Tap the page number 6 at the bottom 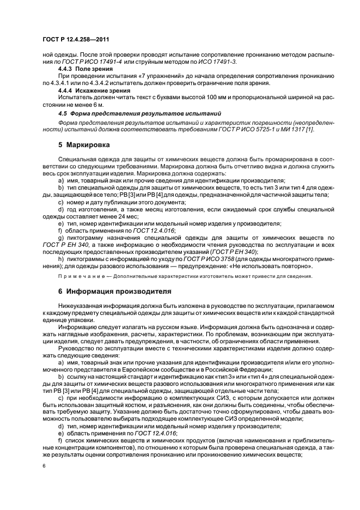pos(44,466)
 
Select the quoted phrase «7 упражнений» pos(142,77)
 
